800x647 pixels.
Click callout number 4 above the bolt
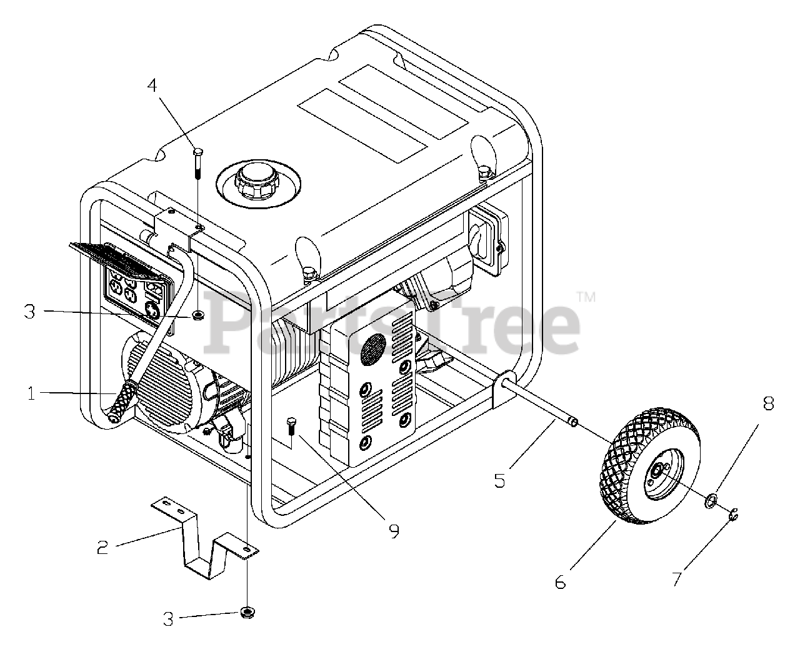click(152, 85)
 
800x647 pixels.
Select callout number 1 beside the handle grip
click(31, 393)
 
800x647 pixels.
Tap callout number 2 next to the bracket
click(102, 548)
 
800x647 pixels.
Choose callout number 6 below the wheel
click(560, 582)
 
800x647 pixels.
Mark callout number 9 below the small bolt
click(393, 531)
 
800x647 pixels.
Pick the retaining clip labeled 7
click(736, 515)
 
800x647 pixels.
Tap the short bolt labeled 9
click(290, 428)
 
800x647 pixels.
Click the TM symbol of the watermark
click(586, 298)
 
